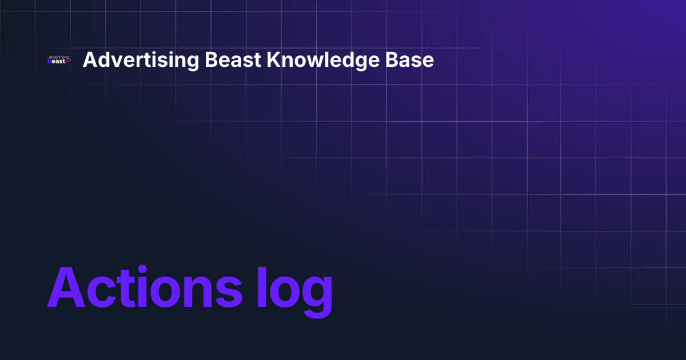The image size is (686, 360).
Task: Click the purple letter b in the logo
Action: (50, 62)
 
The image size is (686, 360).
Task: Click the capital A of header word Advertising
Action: (89, 60)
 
